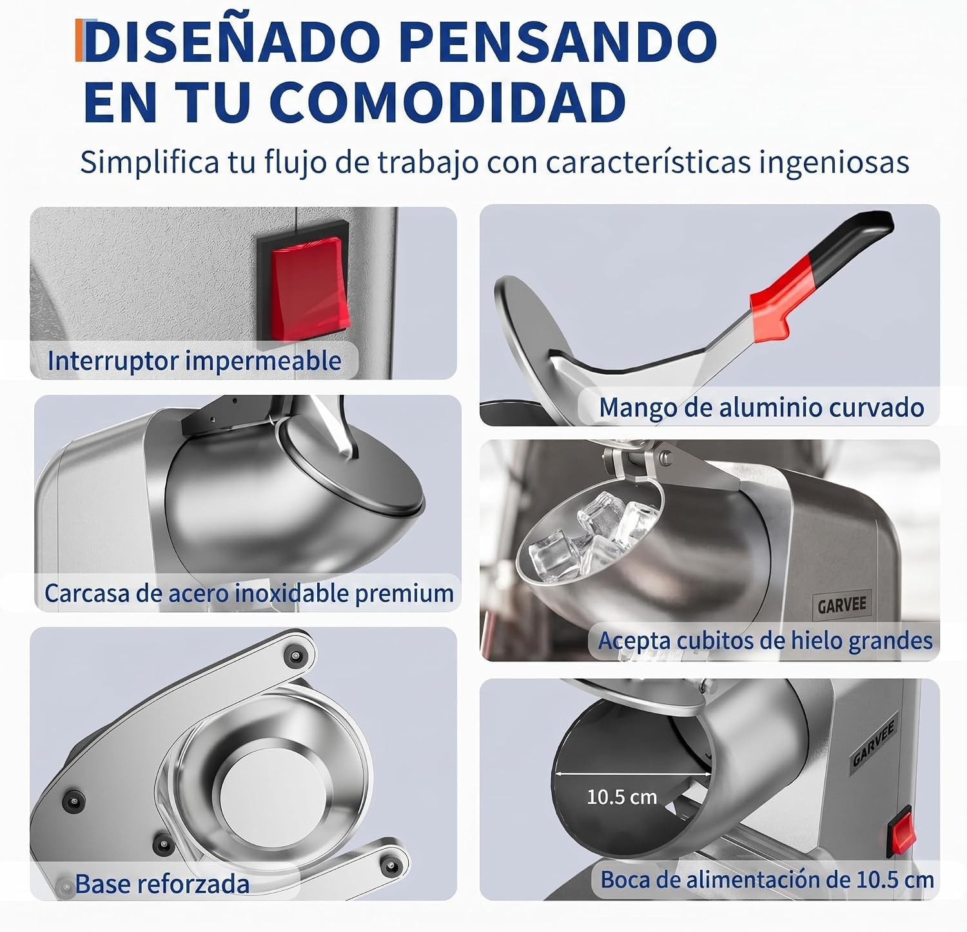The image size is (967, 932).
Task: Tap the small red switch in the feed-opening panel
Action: [x=902, y=833]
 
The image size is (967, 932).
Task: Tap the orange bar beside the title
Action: [x=79, y=41]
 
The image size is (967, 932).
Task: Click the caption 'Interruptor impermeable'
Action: [x=194, y=361]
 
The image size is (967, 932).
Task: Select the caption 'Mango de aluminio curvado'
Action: [x=761, y=408]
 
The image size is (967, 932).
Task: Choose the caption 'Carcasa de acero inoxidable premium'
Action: [x=249, y=593]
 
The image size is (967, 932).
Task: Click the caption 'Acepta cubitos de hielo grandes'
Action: [x=765, y=641]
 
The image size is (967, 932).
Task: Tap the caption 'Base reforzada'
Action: [x=162, y=884]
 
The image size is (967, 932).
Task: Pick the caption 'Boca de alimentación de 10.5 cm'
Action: [x=767, y=880]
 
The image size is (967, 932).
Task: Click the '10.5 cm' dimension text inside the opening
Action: [x=621, y=797]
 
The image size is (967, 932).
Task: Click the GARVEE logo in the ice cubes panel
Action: [x=842, y=605]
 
